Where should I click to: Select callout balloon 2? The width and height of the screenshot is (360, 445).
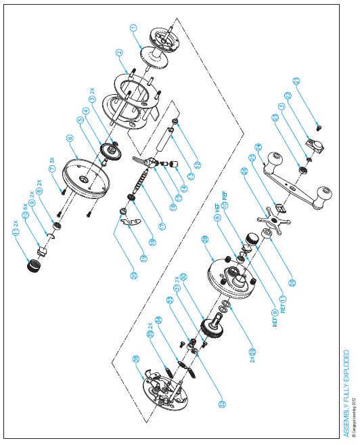pos(119,53)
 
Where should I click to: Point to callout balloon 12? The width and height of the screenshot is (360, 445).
pos(197,164)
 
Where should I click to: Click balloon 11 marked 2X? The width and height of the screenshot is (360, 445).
pos(15,232)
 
